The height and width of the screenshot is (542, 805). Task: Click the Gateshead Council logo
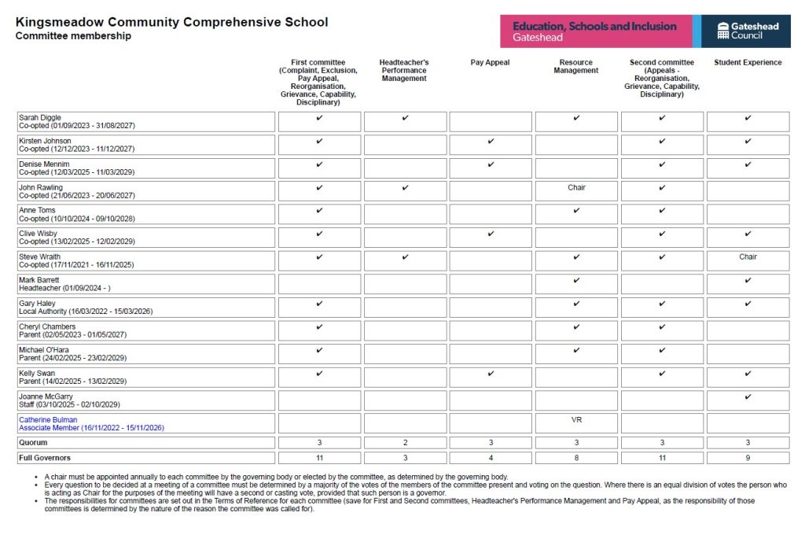coord(748,31)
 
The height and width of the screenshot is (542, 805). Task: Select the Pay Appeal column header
coord(490,63)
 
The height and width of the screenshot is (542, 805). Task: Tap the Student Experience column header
coord(748,63)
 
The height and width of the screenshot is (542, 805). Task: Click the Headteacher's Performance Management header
coord(404,71)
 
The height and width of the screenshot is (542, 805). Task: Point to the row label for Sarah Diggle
coord(40,118)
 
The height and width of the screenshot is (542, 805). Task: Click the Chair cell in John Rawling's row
coord(576,188)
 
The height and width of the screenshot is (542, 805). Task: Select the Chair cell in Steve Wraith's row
coord(748,257)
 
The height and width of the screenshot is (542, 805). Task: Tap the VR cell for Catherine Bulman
coord(576,420)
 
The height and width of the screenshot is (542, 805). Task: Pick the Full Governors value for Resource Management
coord(576,458)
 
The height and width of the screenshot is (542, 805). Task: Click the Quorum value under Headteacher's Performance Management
coord(404,443)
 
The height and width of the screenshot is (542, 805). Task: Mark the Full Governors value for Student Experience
coord(748,458)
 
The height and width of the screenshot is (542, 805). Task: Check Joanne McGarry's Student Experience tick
coord(748,396)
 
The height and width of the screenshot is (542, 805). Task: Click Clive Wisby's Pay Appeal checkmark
coord(491,234)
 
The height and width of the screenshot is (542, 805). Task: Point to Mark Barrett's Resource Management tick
coord(576,280)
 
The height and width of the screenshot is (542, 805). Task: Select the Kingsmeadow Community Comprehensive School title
coord(171,22)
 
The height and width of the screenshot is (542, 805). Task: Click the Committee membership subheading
coord(73,36)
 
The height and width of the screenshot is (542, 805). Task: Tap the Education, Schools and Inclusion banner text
coord(594,26)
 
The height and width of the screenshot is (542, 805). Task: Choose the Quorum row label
coord(33,443)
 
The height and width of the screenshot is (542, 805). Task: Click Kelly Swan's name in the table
coord(37,374)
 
